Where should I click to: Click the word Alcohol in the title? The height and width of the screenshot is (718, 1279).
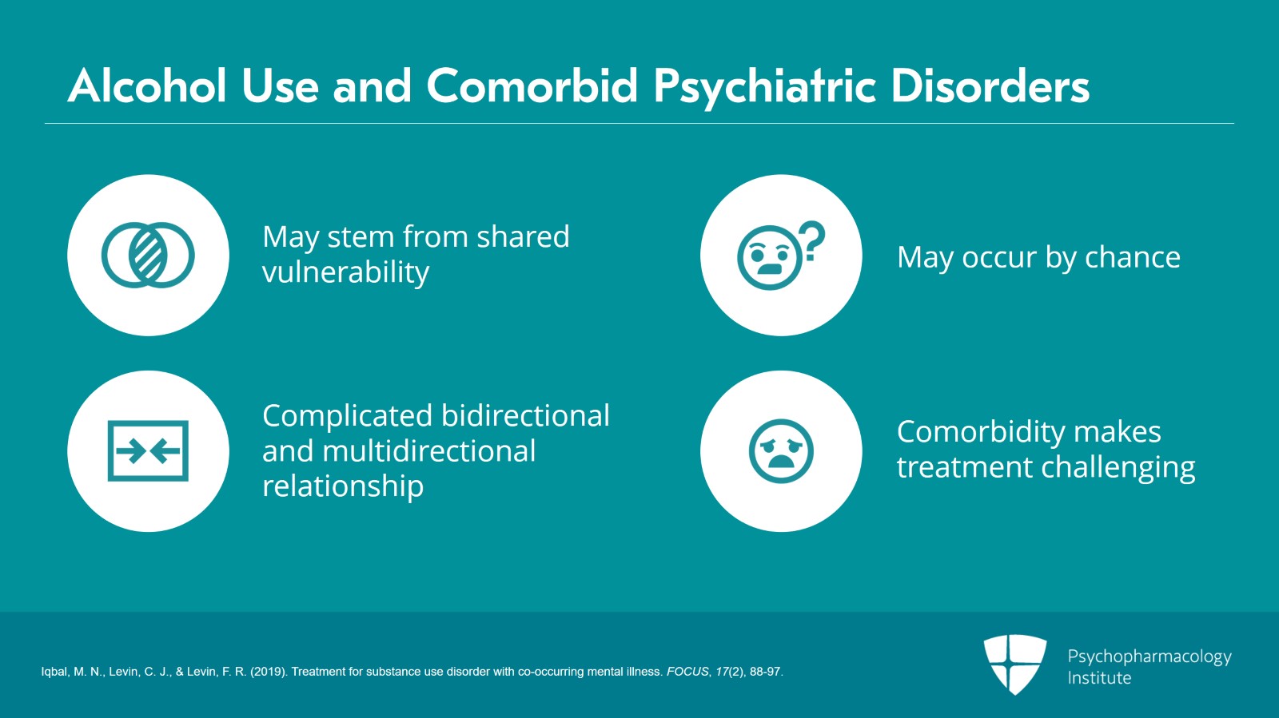pyautogui.click(x=148, y=85)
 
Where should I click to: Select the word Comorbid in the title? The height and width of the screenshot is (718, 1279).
pyautogui.click(x=532, y=85)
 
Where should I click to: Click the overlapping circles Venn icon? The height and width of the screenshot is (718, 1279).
pyautogui.click(x=148, y=255)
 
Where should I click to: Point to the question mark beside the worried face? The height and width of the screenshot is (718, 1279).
pyautogui.click(x=812, y=241)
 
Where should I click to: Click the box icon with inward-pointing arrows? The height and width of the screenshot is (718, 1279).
pyautogui.click(x=148, y=451)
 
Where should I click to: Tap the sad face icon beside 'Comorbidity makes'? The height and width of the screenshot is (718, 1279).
pyautogui.click(x=781, y=451)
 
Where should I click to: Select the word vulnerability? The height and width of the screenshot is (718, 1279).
pyautogui.click(x=345, y=272)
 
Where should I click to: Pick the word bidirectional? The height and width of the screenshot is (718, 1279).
pyautogui.click(x=524, y=415)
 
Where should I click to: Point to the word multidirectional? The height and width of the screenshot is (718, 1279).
pyautogui.click(x=428, y=451)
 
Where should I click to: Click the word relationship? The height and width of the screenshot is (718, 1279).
pyautogui.click(x=343, y=486)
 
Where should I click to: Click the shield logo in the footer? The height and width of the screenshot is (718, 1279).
pyautogui.click(x=1014, y=663)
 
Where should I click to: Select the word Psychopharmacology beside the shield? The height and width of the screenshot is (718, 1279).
pyautogui.click(x=1149, y=657)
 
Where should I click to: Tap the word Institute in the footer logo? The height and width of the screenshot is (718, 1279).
pyautogui.click(x=1099, y=678)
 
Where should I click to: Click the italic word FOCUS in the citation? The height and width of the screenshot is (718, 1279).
pyautogui.click(x=687, y=672)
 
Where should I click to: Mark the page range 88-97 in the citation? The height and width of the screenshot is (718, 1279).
pyautogui.click(x=765, y=672)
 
